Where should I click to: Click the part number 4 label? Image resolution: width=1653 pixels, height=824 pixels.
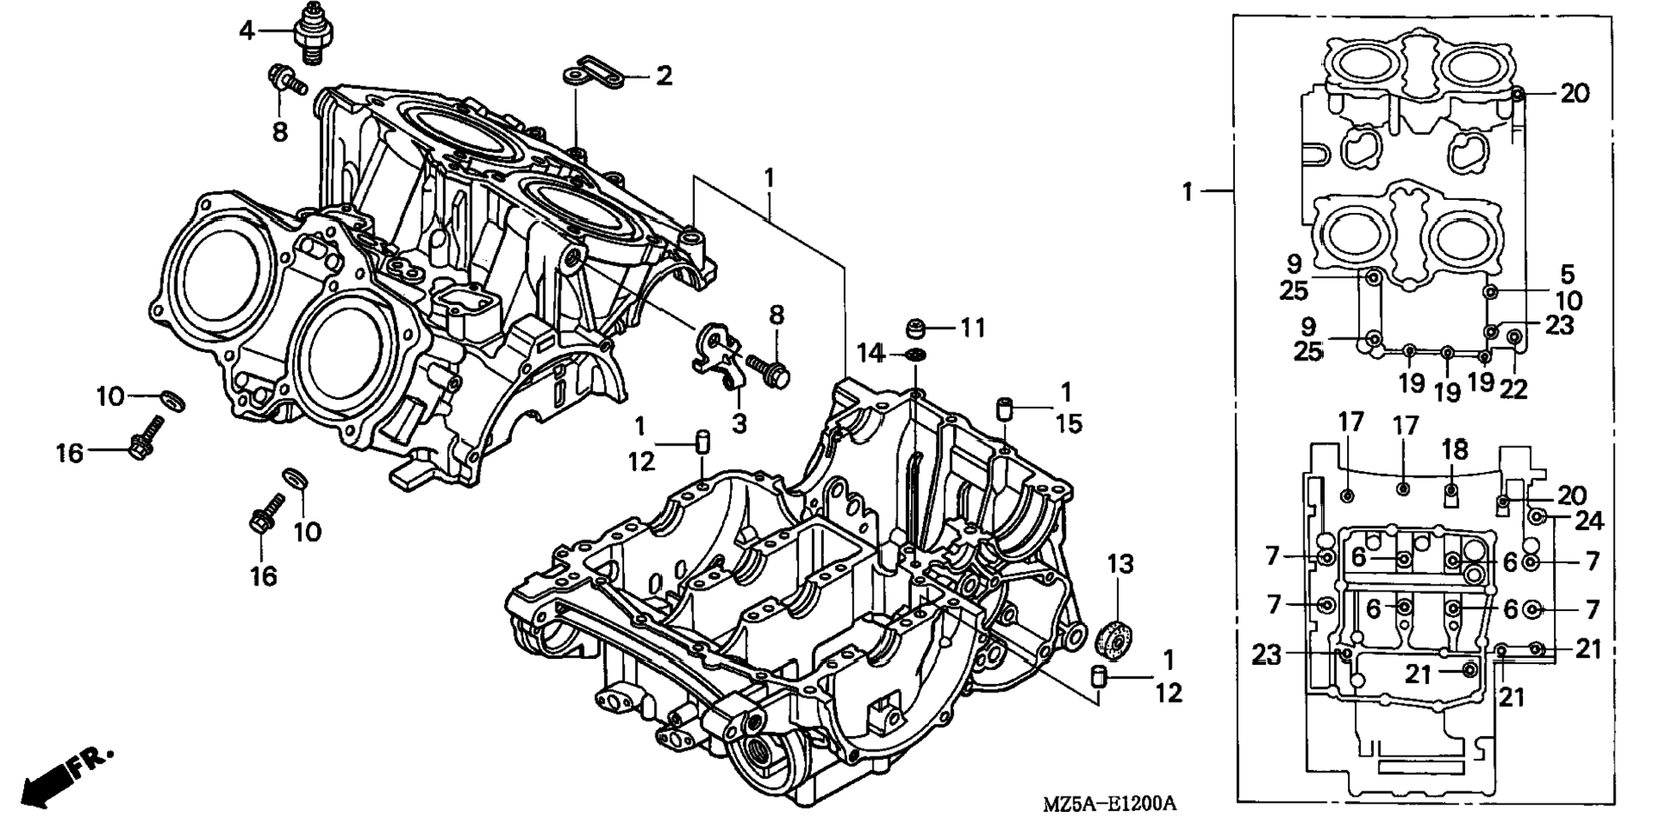(x=246, y=31)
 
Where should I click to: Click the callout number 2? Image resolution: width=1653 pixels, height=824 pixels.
(x=664, y=76)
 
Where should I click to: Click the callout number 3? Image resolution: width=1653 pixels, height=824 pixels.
(x=739, y=423)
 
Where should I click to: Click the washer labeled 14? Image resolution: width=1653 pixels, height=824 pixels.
(x=915, y=354)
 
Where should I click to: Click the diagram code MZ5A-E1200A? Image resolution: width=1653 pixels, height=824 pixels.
(x=1109, y=803)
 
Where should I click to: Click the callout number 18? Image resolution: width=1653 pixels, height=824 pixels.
(x=1455, y=449)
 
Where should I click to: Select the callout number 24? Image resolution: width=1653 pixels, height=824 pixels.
(x=1590, y=520)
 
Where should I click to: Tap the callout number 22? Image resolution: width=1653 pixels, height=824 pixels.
(x=1513, y=389)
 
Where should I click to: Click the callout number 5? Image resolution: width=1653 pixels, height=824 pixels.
(x=1567, y=274)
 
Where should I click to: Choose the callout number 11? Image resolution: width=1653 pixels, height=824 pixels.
(x=973, y=328)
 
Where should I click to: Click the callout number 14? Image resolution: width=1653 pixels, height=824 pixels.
(x=870, y=352)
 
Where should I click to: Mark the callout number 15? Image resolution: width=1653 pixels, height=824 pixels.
(x=1068, y=423)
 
